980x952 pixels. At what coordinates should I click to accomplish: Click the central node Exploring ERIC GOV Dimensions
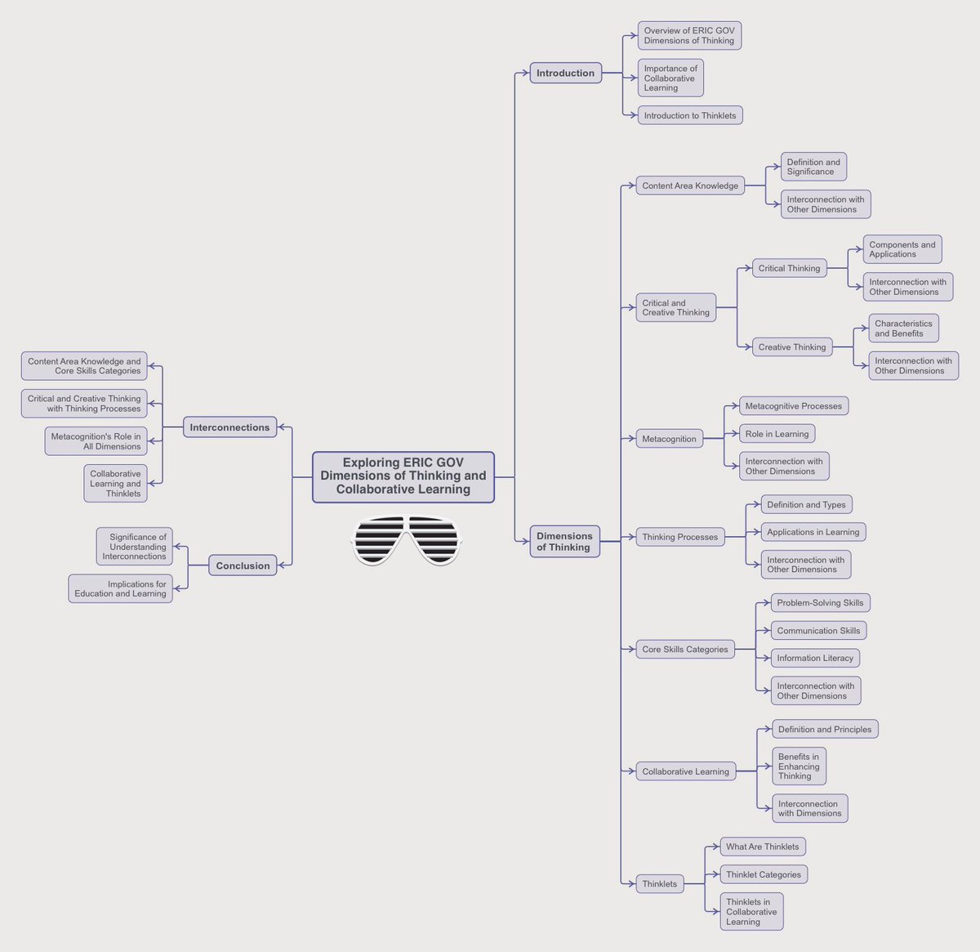click(x=403, y=476)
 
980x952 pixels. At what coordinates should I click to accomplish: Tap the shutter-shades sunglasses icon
click(x=406, y=539)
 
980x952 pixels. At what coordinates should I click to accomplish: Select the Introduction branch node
click(x=565, y=73)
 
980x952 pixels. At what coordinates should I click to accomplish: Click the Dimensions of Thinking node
click(x=564, y=542)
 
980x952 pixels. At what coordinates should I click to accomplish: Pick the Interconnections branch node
click(x=229, y=427)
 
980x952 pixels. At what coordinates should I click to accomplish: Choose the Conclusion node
click(x=243, y=565)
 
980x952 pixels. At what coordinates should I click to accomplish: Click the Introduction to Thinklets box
click(x=689, y=115)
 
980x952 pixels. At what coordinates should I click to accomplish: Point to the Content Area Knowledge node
click(x=690, y=185)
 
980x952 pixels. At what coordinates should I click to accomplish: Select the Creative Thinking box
click(x=791, y=347)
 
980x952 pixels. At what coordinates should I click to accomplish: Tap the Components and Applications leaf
click(x=902, y=249)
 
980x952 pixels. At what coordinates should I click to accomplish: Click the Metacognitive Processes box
click(x=793, y=406)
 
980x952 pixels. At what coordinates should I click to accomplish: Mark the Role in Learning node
click(x=777, y=434)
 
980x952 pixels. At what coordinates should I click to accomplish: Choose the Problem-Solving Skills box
click(x=820, y=603)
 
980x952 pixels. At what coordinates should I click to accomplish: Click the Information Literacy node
click(x=815, y=658)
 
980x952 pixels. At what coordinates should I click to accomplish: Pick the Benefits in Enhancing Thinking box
click(x=799, y=767)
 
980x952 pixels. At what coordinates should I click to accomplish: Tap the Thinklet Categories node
click(x=764, y=874)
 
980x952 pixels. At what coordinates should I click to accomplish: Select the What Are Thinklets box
click(x=763, y=847)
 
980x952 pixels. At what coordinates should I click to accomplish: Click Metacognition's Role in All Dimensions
click(x=96, y=441)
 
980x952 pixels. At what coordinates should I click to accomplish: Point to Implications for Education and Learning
click(x=120, y=588)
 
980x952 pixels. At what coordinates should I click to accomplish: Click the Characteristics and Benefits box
click(x=902, y=329)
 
